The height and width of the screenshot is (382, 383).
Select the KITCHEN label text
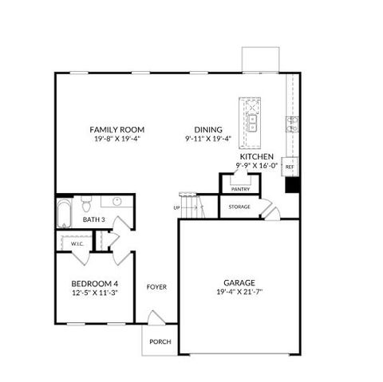point(256,156)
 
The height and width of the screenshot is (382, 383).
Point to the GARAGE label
point(239,283)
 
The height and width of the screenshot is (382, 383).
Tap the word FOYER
point(156,286)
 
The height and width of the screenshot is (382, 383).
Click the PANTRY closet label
point(240,189)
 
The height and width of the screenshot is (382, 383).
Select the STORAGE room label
point(239,207)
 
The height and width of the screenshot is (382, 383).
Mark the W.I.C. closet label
point(77,243)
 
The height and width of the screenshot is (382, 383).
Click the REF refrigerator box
point(290,167)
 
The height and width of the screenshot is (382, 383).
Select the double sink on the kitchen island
point(252,124)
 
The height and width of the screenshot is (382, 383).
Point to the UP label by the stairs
point(176,208)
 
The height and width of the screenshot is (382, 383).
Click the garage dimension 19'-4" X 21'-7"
point(239,293)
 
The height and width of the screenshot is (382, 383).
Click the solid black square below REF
point(292,187)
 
